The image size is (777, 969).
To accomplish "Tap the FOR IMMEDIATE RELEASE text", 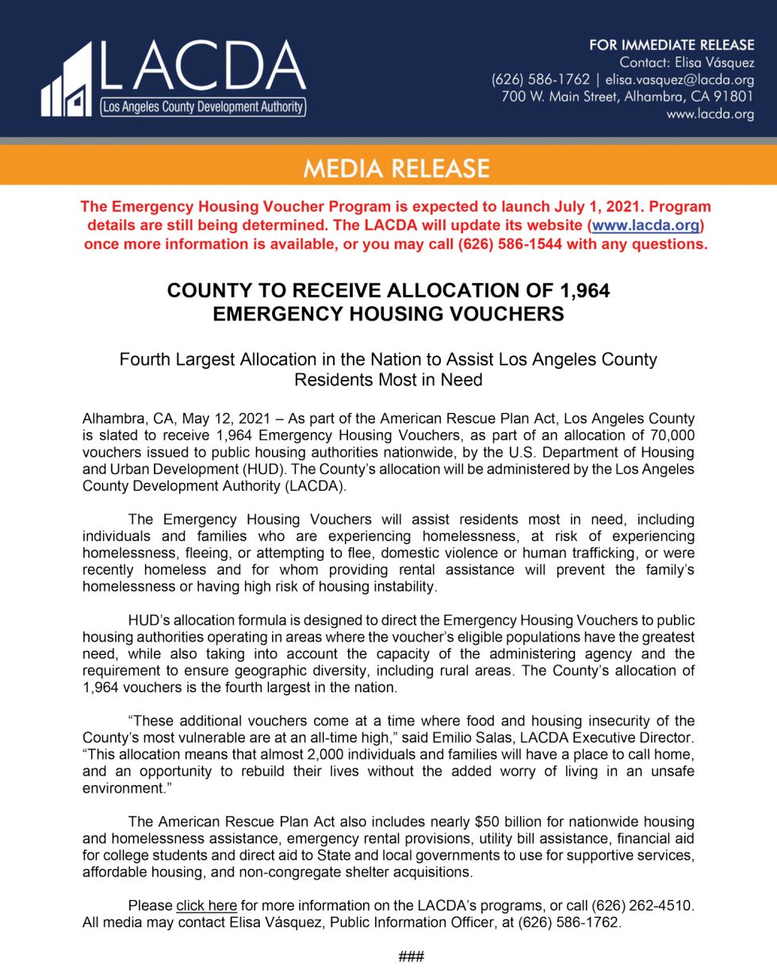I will click(671, 45).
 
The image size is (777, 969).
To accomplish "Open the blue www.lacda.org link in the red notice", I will click(646, 225).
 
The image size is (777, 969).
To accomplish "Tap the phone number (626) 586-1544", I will click(510, 244).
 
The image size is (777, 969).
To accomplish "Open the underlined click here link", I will click(206, 906).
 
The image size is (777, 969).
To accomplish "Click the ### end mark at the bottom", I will click(411, 956).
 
